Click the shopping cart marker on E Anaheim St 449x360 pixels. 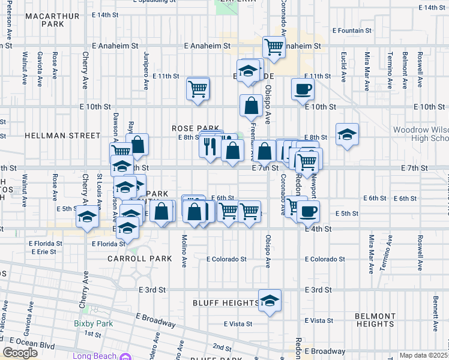(274, 46)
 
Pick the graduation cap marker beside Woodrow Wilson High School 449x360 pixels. (347, 134)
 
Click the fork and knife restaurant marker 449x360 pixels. (209, 146)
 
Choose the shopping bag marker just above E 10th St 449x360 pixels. (250, 106)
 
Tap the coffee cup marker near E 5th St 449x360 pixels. (309, 211)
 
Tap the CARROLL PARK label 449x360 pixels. (139, 259)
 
